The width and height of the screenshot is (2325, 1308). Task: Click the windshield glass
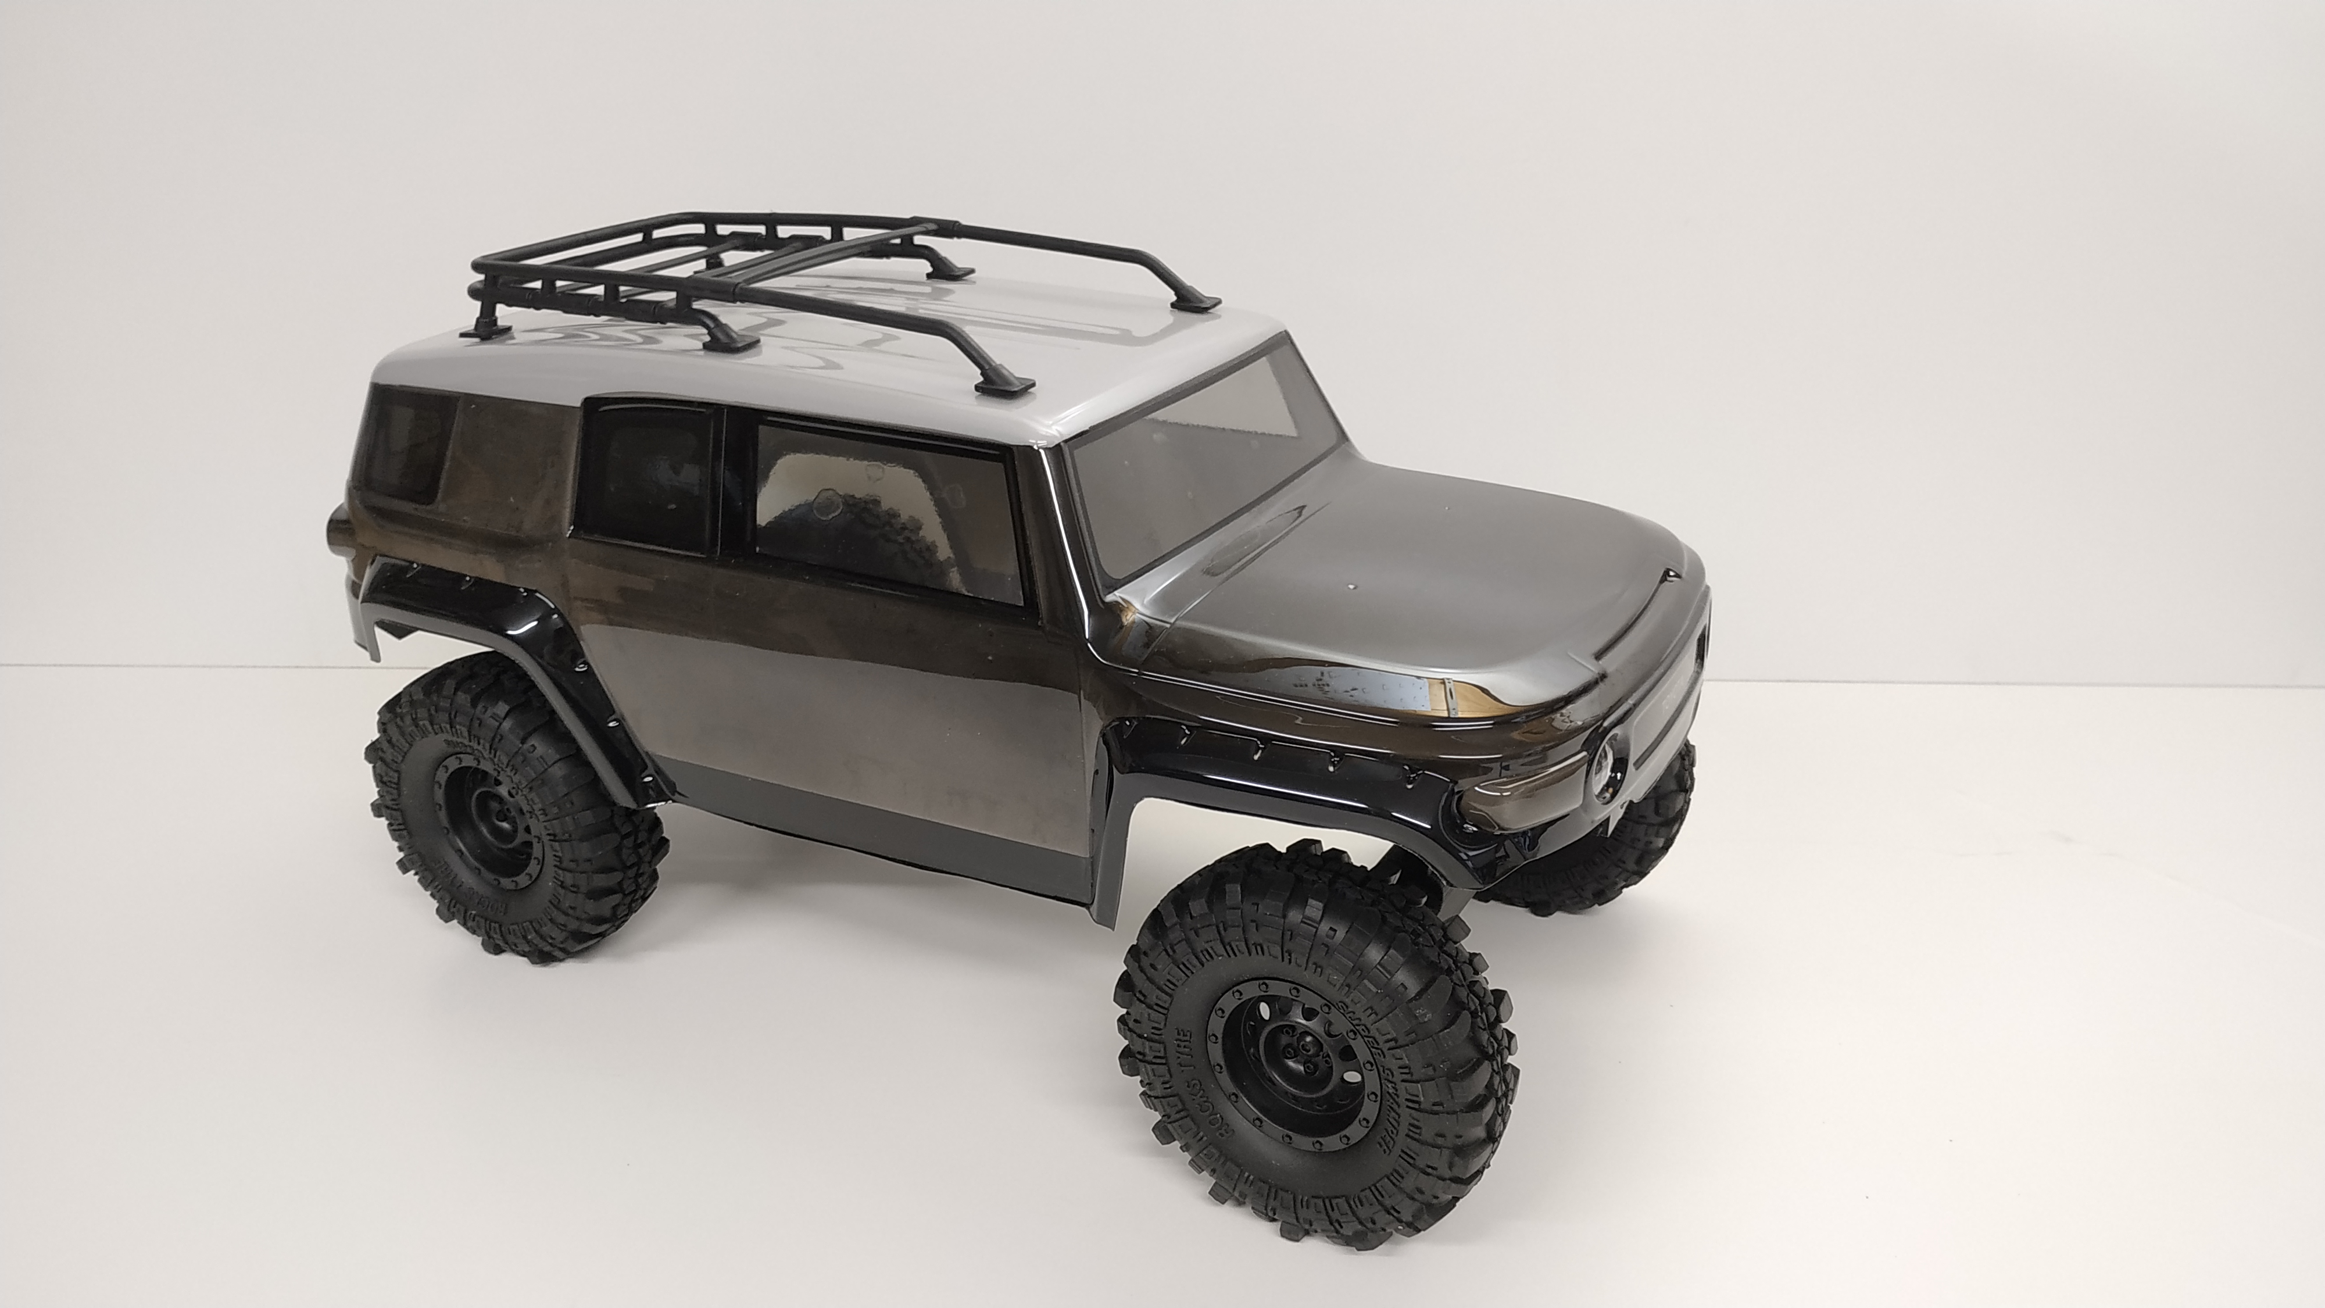tap(1192, 451)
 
